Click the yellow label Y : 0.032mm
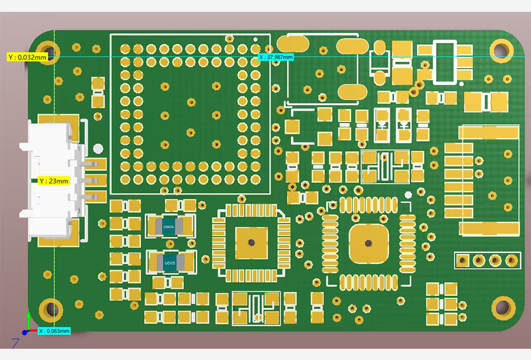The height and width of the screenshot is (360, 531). [x=27, y=57]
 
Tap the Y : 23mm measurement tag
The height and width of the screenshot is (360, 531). [x=54, y=181]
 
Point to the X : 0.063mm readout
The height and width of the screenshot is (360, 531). [x=54, y=331]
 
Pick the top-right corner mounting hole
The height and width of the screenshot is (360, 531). [x=501, y=50]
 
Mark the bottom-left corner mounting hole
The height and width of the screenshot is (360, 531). [x=50, y=309]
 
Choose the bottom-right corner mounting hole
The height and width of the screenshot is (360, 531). [x=502, y=307]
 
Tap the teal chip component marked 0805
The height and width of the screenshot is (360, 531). [x=170, y=263]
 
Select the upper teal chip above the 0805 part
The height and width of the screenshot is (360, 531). [x=170, y=226]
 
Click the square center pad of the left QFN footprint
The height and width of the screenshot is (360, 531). [x=251, y=242]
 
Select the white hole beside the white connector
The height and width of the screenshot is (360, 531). [x=98, y=149]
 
